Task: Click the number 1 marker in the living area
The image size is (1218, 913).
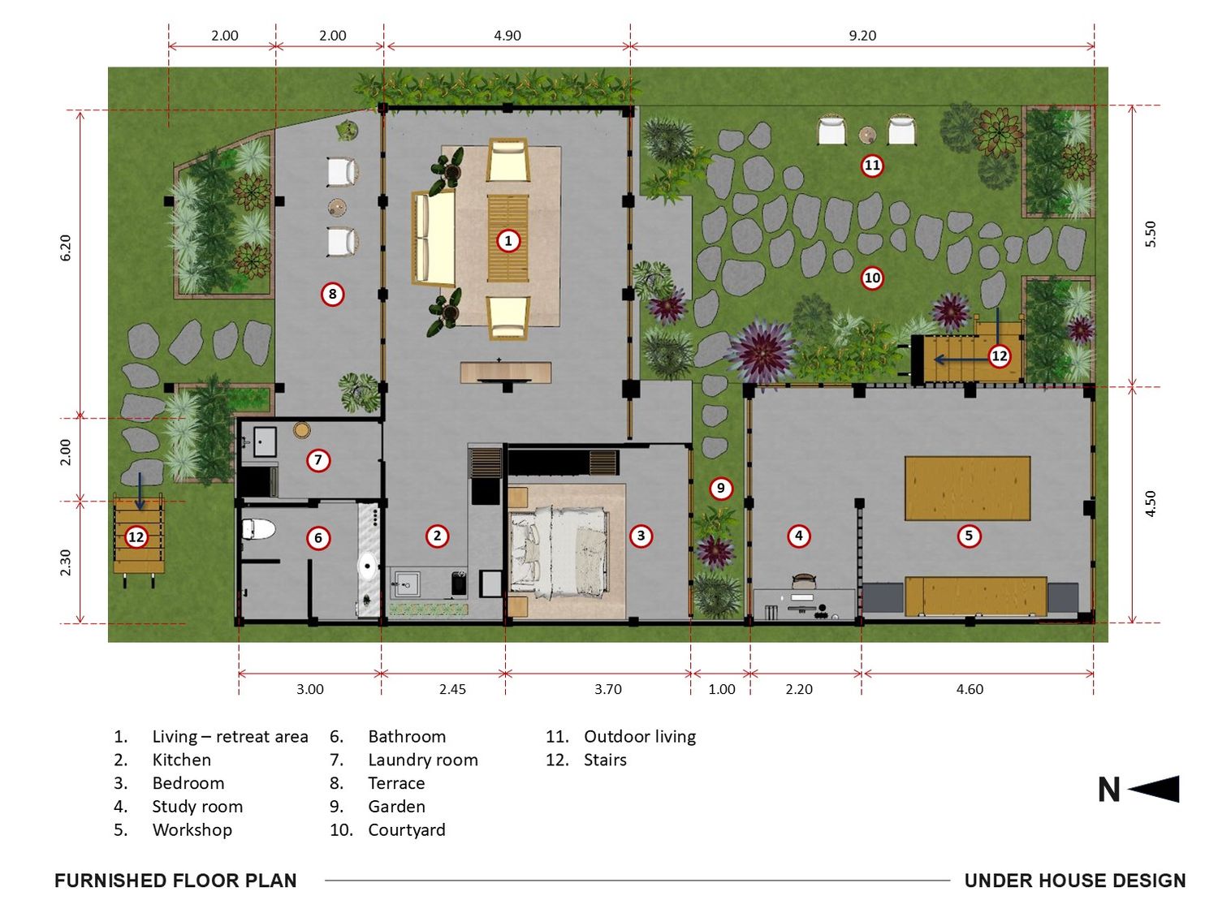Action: [508, 240]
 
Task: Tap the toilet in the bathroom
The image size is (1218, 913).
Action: [258, 529]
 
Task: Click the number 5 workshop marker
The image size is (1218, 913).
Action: [968, 536]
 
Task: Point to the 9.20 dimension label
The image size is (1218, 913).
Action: [862, 36]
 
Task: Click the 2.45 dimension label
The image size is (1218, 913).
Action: [452, 689]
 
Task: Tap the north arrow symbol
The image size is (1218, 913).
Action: [1153, 788]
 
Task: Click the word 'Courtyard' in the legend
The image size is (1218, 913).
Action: [407, 830]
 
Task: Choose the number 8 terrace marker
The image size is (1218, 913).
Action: [332, 294]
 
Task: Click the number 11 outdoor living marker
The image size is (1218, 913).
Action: [872, 166]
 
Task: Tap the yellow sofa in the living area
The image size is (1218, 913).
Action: [434, 239]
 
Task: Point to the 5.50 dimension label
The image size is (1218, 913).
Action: [1151, 234]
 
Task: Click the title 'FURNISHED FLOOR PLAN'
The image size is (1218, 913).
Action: [175, 881]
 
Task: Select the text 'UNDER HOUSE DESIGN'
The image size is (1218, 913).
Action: [1075, 881]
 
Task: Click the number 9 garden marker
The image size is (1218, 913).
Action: [720, 488]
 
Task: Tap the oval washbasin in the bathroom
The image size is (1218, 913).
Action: [367, 566]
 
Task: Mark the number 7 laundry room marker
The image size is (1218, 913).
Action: [318, 459]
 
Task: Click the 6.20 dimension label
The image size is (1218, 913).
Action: [66, 248]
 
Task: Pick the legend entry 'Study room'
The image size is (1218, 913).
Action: [197, 807]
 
